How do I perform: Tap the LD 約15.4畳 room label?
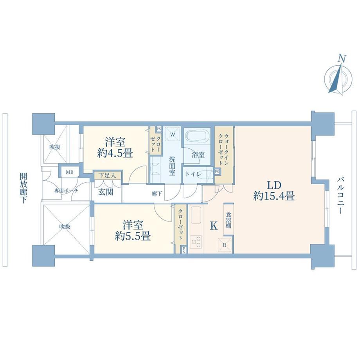tap(274, 191)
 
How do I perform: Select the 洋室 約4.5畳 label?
tap(115, 148)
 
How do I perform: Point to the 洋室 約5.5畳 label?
tap(133, 230)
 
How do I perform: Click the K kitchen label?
tap(214, 226)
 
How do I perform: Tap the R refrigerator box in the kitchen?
tap(225, 245)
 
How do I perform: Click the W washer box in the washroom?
tap(173, 134)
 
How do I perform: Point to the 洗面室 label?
tap(172, 166)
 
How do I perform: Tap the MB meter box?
tap(70, 172)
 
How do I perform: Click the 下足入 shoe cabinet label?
tap(107, 176)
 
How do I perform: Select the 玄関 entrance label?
tap(106, 192)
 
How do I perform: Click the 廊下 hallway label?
tap(157, 194)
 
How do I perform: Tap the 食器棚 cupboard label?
tap(228, 220)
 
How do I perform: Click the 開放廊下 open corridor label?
tap(23, 188)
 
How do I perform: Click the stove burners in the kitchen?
tap(196, 242)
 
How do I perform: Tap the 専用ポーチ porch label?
tap(67, 191)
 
